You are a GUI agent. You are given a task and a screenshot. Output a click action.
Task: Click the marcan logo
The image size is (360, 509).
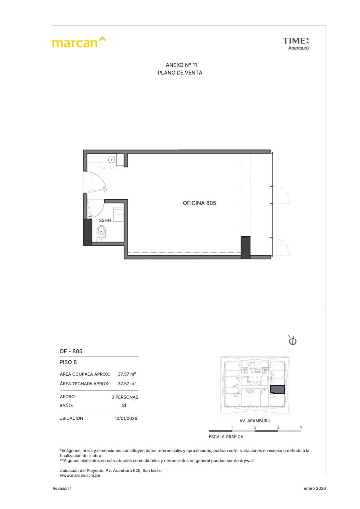79,42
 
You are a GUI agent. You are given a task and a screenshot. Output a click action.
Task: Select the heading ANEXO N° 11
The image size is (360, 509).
181,65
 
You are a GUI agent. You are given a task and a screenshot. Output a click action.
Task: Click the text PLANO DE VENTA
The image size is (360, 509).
180,73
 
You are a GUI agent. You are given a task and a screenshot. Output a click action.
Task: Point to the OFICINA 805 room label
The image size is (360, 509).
199,203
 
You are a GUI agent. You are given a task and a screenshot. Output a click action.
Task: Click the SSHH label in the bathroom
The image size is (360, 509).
105,220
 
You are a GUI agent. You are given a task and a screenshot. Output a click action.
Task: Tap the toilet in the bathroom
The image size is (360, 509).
101,233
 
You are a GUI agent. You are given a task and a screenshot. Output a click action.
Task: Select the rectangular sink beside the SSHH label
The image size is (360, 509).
118,215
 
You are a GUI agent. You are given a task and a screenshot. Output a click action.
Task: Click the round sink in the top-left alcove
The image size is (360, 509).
112,160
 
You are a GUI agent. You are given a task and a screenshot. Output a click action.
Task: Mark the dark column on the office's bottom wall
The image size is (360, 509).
245,248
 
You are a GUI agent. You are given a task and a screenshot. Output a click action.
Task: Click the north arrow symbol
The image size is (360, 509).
292,340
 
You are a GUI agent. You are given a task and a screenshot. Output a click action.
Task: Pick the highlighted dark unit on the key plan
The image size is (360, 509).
277,390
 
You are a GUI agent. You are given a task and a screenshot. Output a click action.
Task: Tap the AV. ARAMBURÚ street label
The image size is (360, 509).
255,421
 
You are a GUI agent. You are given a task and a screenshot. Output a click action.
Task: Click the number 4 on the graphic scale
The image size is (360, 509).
301,427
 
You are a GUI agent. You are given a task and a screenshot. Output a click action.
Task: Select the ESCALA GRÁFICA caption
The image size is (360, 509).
226,437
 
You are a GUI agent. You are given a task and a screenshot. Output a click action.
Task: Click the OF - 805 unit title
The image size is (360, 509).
71,351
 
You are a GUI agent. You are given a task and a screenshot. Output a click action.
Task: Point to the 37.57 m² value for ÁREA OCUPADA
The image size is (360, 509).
127,374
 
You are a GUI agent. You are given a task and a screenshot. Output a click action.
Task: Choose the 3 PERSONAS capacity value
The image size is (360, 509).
125,397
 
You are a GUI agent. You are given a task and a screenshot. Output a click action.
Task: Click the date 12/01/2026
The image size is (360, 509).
126,418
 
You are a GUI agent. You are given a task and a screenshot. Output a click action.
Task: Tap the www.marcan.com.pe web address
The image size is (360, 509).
80,476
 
